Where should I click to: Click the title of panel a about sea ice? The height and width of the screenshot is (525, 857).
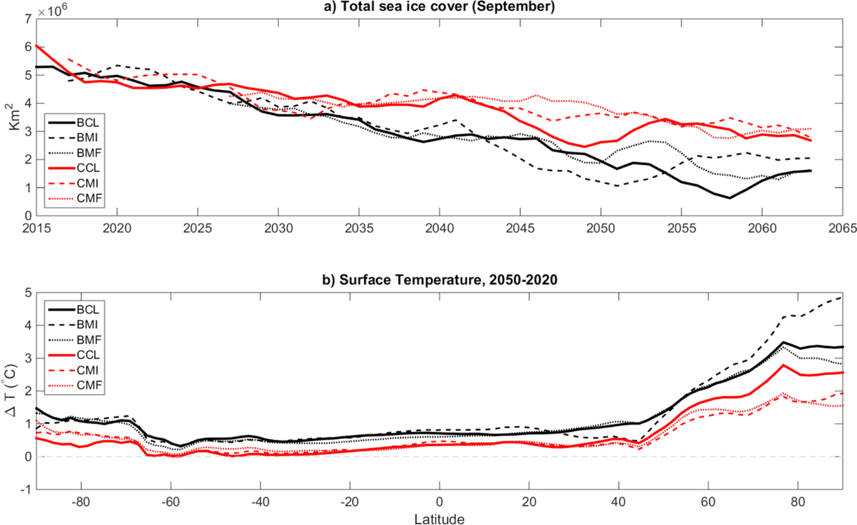[439, 7]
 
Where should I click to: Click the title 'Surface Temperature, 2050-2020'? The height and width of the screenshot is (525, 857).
[439, 280]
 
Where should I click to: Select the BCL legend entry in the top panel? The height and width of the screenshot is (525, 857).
[87, 122]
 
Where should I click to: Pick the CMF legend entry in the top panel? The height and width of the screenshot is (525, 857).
[89, 198]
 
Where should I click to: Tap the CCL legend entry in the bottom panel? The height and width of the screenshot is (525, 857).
[88, 355]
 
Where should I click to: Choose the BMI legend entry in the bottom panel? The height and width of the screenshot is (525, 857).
[87, 324]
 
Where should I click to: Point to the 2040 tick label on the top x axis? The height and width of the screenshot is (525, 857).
[439, 229]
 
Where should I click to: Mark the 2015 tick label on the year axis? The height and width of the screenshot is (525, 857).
[37, 229]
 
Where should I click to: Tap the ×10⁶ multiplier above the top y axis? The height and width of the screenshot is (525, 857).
[52, 10]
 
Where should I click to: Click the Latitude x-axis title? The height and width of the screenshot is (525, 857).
[439, 518]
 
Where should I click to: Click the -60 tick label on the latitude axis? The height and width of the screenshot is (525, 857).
[170, 502]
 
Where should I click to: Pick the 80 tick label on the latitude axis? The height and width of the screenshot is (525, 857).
[798, 502]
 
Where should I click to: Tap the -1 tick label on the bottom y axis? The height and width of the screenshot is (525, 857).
[25, 490]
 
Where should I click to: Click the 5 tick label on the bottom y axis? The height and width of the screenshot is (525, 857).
[28, 293]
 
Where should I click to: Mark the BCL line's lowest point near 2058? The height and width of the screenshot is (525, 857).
[730, 198]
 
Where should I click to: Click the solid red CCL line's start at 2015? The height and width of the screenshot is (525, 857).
[37, 46]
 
